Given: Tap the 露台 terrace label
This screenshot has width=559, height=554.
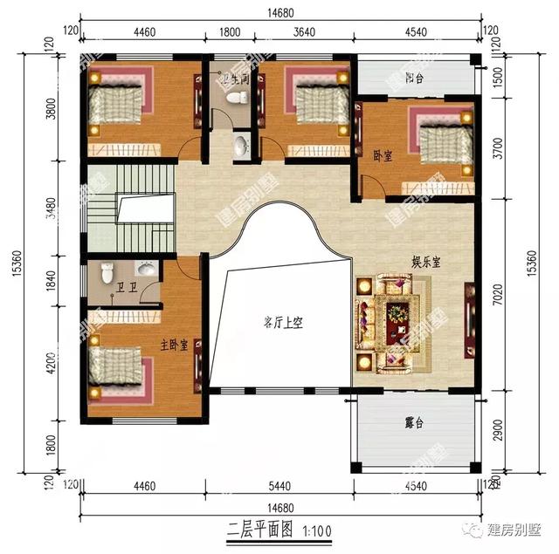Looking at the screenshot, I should click(x=414, y=422).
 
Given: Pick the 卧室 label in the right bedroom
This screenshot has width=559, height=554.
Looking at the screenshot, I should click(x=383, y=154).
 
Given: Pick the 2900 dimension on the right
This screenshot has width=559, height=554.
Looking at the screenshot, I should click(x=497, y=431).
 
